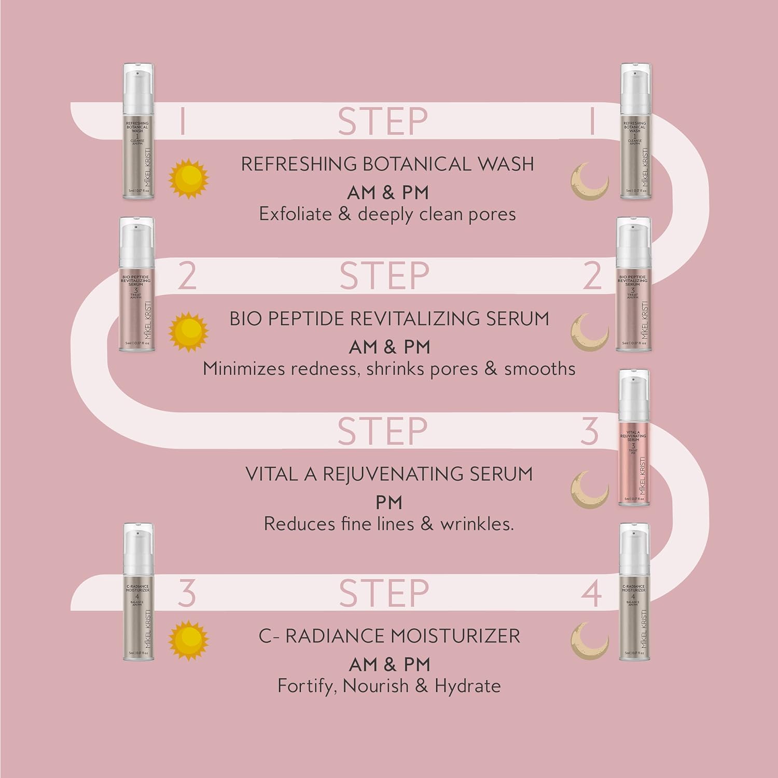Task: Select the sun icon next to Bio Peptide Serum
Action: (x=188, y=331)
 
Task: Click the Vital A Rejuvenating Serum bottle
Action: (x=634, y=439)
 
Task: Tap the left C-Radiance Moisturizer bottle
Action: (x=138, y=592)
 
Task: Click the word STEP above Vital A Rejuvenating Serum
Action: (x=383, y=431)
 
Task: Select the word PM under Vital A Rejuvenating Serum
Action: (x=389, y=503)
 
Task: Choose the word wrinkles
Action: (x=477, y=524)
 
